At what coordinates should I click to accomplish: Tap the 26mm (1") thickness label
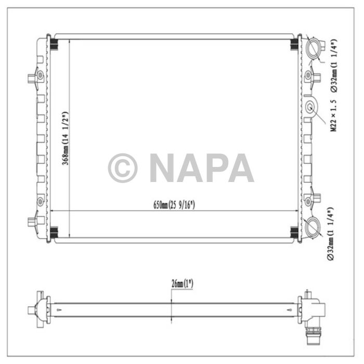[182, 284]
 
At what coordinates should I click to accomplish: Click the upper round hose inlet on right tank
[315, 49]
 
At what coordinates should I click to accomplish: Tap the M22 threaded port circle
[311, 108]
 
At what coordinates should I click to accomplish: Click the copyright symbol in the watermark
[123, 168]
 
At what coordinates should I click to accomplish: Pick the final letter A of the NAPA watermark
[238, 168]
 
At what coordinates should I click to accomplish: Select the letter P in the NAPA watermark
[213, 168]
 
